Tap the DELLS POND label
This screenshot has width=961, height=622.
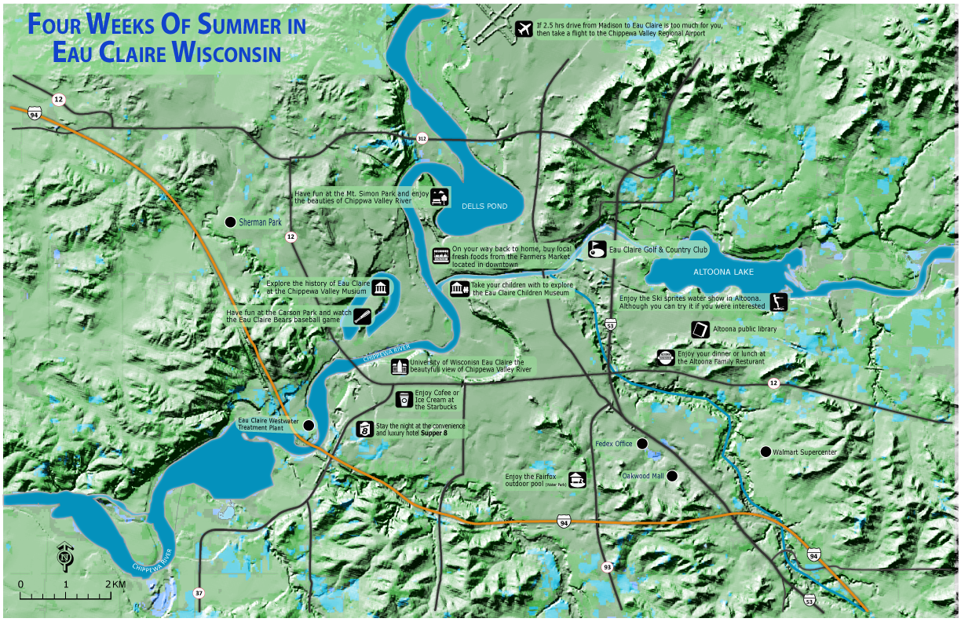click(484, 207)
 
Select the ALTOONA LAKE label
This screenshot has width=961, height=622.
click(723, 272)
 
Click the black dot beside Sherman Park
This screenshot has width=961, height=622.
click(230, 222)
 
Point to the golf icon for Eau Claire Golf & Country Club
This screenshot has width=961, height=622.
click(597, 250)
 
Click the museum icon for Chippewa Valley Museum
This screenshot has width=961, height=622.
click(382, 287)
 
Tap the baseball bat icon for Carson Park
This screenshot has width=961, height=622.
click(362, 316)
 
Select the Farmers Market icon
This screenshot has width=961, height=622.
click(441, 255)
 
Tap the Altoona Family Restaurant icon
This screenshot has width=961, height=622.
click(666, 357)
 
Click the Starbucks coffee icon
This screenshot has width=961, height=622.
click(404, 399)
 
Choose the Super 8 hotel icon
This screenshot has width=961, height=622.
click(365, 429)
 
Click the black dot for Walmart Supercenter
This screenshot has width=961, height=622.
click(765, 452)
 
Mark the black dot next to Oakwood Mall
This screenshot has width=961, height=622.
click(671, 476)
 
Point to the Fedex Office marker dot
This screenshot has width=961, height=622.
click(641, 444)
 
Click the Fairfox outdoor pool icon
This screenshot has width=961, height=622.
click(577, 479)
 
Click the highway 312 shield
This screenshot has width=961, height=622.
click(422, 138)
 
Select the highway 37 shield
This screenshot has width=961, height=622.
click(199, 592)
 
